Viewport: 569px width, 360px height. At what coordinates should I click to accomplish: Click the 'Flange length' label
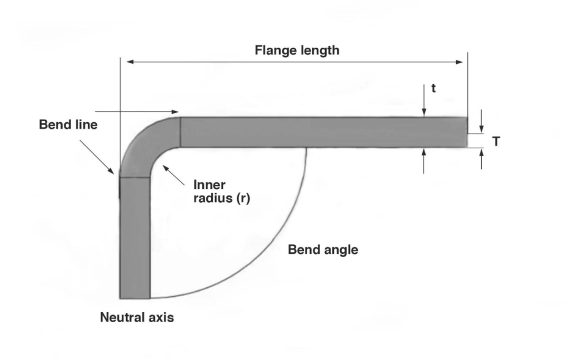click(x=297, y=51)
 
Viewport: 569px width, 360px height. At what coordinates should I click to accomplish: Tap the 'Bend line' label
click(x=68, y=125)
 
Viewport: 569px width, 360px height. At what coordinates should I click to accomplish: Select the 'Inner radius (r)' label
click(x=221, y=191)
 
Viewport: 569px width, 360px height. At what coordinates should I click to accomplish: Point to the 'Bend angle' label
click(x=323, y=250)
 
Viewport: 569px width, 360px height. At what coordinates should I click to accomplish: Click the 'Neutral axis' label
click(x=137, y=318)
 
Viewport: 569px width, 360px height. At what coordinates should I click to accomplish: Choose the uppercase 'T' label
click(x=496, y=142)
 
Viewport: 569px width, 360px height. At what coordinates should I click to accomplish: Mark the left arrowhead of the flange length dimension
click(x=131, y=62)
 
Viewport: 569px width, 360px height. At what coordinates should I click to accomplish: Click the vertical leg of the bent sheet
click(x=134, y=239)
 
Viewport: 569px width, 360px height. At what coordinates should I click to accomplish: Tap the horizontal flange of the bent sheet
click(x=322, y=132)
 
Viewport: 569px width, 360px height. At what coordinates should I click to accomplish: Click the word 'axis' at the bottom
click(x=162, y=318)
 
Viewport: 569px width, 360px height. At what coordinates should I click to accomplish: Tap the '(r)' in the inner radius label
click(x=243, y=199)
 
